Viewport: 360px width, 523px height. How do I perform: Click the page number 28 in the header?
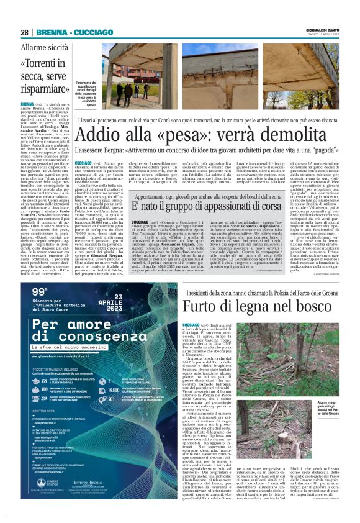coord(25,32)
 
